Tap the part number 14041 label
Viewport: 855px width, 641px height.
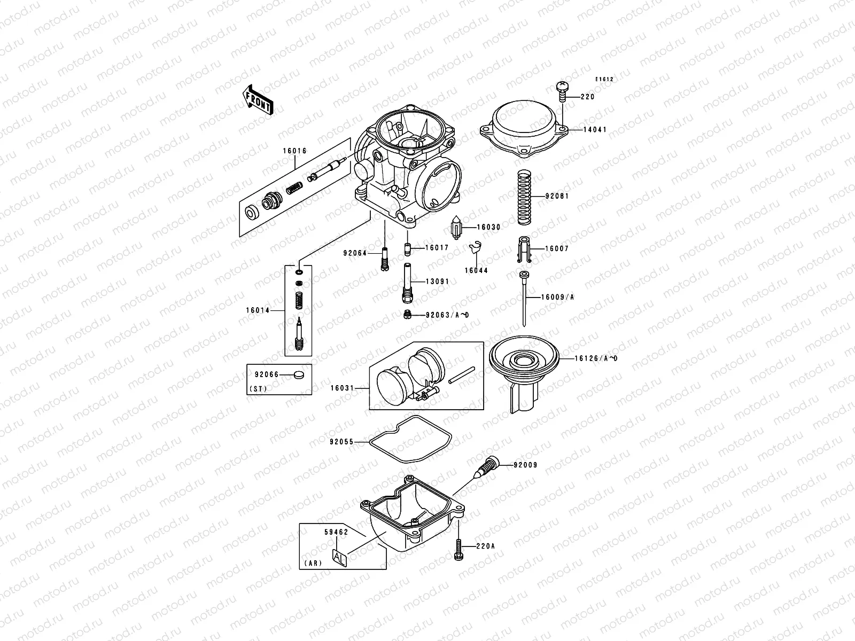pos(594,130)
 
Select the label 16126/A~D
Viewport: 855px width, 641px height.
pos(596,358)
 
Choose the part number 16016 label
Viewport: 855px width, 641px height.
pos(295,151)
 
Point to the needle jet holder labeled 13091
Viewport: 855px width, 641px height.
pos(407,282)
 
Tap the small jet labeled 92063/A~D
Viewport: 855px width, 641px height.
pos(407,315)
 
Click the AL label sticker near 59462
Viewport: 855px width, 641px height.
pos(339,557)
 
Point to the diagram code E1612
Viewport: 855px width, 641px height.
pos(605,79)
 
